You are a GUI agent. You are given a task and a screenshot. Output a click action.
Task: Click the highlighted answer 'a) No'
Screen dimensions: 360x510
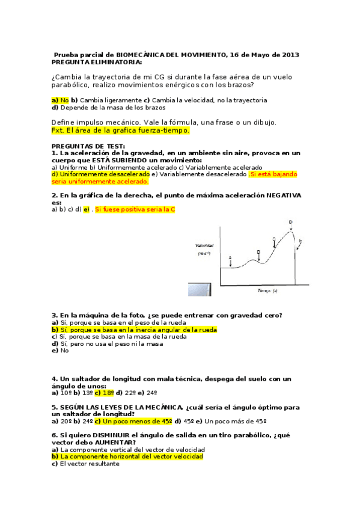tap(60, 100)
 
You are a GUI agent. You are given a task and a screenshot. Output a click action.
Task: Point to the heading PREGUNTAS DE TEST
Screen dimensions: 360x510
tap(88, 146)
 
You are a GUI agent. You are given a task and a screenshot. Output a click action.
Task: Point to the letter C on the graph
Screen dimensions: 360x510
tap(274, 239)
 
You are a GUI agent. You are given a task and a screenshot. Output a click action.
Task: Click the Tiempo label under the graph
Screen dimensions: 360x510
tap(266, 291)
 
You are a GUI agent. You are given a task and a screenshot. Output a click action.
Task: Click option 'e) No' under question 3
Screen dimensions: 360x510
tap(60, 350)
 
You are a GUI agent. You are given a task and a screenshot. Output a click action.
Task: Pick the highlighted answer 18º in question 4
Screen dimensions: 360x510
tap(104, 393)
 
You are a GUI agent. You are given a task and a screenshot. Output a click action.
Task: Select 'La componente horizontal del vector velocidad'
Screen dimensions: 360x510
tap(131, 456)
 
